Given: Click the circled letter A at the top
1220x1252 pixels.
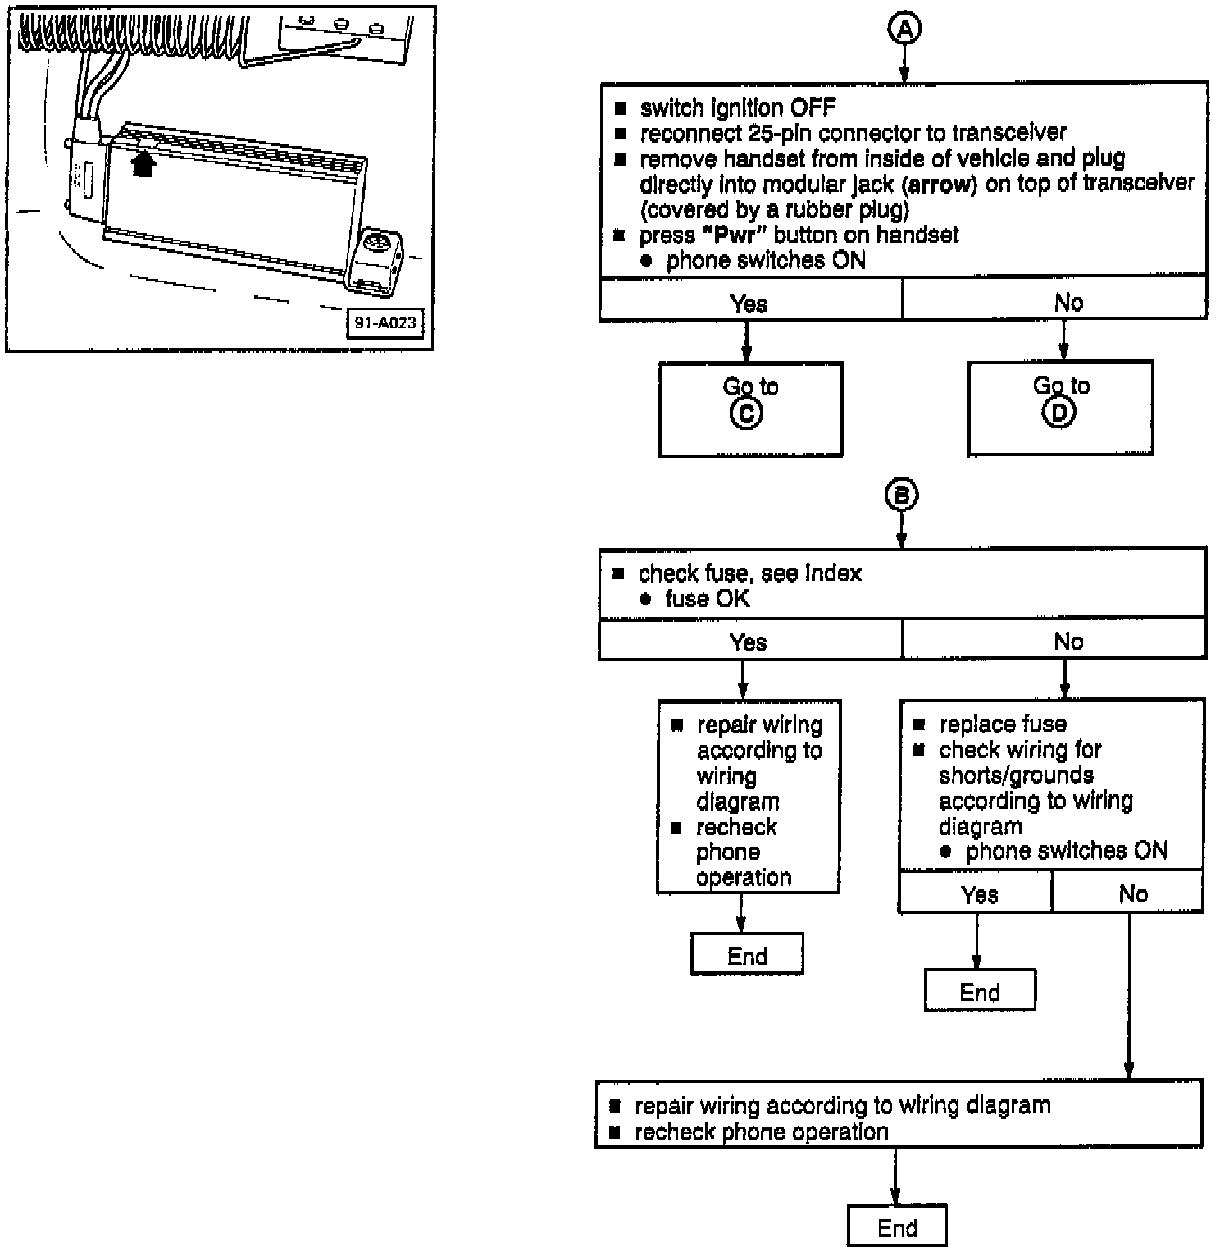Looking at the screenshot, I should (904, 30).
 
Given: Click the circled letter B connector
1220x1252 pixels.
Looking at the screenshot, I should (901, 496).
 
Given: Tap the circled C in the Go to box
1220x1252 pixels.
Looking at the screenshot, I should (746, 414).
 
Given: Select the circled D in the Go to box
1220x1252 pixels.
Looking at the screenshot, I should (1058, 414).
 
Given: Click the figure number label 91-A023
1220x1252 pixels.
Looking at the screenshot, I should (385, 322).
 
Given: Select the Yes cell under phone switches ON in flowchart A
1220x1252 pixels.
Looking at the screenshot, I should (749, 304).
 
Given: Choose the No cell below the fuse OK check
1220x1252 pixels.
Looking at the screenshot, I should (1068, 642).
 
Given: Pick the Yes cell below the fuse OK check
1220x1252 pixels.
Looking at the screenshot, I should (749, 642).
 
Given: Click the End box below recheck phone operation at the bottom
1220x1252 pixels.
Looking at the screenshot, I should (897, 1228).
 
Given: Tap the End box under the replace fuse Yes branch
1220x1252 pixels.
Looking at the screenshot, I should (980, 992).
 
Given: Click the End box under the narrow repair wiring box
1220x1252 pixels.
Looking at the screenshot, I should (747, 956).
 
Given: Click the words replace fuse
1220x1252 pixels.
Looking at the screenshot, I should (1003, 724).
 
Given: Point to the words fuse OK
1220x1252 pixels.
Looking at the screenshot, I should (708, 599).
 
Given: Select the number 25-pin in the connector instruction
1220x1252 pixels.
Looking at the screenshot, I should (784, 133).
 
